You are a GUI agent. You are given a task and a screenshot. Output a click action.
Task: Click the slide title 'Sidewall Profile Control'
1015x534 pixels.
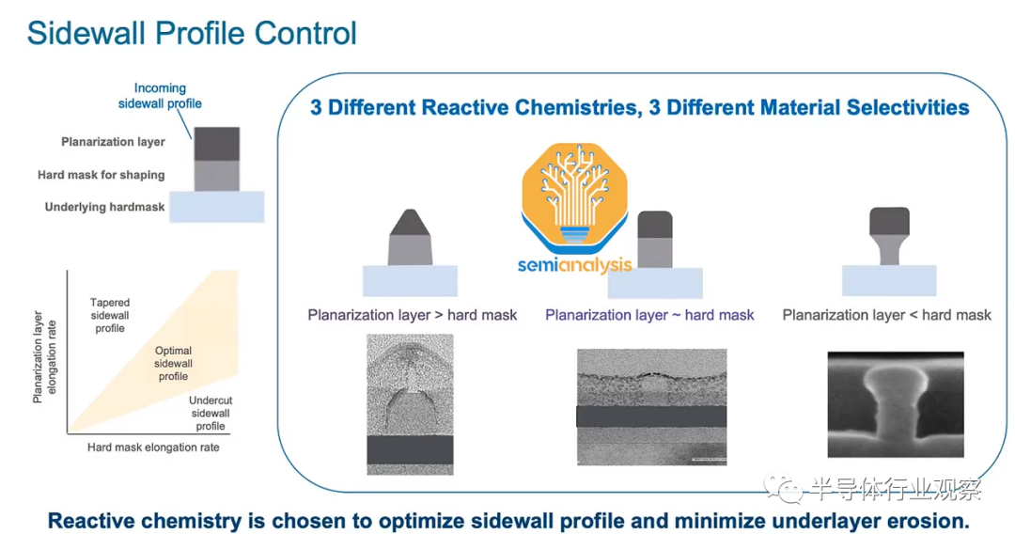coord(192,34)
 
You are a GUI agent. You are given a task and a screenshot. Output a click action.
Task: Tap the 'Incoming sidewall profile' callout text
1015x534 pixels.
coord(160,96)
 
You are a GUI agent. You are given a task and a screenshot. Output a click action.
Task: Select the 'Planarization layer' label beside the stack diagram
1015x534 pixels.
coord(113,142)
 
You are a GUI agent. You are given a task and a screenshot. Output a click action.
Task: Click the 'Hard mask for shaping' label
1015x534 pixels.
coord(101,175)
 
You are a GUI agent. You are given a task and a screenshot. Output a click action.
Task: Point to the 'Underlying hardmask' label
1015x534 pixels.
coord(104,207)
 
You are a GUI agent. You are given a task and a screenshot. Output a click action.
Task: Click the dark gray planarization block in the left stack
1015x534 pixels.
coord(217,144)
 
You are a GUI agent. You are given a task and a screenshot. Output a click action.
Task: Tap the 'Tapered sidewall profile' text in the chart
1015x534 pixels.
coord(110,315)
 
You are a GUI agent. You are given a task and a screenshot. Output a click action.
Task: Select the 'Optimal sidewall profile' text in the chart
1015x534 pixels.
coord(174,363)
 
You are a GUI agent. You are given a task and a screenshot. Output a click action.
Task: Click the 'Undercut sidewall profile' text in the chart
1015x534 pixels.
coord(211,413)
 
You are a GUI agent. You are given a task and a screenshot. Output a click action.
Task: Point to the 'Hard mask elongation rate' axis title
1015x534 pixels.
coord(153,448)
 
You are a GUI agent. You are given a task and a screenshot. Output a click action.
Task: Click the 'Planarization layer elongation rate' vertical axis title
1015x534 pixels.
coord(45,356)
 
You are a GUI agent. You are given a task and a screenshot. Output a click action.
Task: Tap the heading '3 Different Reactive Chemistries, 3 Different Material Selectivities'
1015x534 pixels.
coord(640,107)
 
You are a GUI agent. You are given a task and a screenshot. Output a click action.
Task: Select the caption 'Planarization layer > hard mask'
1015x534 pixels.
coord(413,315)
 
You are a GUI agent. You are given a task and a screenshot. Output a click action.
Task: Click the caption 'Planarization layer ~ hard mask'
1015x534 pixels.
coord(649,315)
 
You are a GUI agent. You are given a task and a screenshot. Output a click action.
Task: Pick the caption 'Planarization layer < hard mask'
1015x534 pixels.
coord(887,315)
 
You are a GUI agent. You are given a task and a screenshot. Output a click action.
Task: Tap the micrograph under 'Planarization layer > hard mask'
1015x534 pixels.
coord(410,404)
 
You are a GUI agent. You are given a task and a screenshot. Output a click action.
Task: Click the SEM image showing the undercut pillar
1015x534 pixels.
coord(896,404)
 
